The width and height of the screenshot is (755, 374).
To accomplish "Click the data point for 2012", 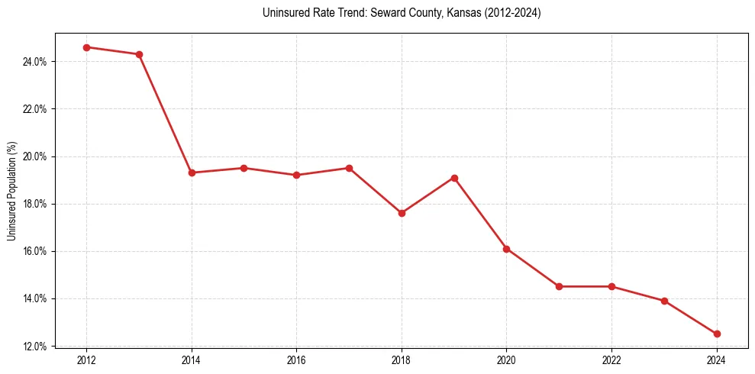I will click(x=86, y=47).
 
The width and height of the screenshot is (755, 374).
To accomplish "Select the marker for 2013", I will click(x=139, y=54).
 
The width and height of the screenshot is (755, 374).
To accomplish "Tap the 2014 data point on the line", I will click(x=192, y=172).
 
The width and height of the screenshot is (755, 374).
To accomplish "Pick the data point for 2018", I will click(x=402, y=213).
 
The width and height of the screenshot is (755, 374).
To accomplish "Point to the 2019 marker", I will click(x=454, y=178).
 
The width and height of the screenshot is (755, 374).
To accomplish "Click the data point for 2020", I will click(x=506, y=249).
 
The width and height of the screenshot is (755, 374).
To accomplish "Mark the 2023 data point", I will click(x=664, y=301).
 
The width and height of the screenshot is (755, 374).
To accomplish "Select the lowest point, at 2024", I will click(x=717, y=334).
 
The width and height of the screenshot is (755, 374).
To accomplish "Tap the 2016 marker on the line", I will click(x=296, y=175).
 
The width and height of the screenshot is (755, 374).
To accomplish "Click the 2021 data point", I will click(x=559, y=286).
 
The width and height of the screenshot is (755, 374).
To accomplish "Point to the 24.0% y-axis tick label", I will click(x=35, y=62).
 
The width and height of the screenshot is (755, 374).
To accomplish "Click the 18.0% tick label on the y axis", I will click(x=35, y=204).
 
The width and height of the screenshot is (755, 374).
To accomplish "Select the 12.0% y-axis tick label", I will click(x=35, y=347).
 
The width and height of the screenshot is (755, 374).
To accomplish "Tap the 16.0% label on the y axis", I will click(x=35, y=251).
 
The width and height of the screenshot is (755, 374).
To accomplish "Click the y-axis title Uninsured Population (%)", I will click(x=11, y=190).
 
